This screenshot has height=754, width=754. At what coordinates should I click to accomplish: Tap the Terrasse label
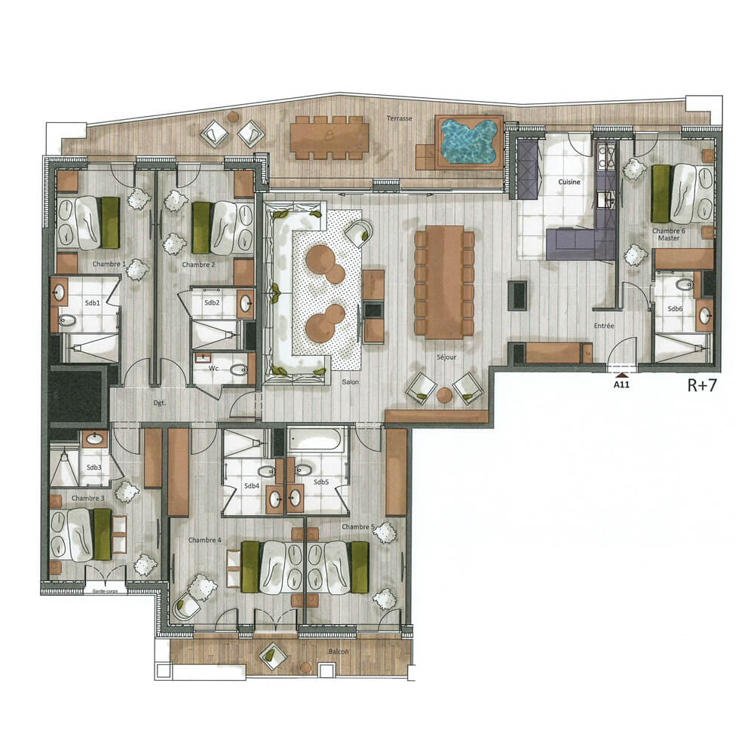(x=399, y=118)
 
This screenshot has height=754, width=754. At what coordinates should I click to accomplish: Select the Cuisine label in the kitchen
(x=569, y=182)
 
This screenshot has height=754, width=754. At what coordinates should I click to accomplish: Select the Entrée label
(x=604, y=326)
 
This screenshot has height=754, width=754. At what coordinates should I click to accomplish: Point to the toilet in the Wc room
(x=239, y=370)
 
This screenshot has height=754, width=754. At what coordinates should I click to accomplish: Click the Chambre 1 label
(x=108, y=265)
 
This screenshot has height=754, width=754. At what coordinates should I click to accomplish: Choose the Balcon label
(x=339, y=651)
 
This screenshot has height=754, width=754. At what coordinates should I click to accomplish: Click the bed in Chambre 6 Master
(x=684, y=194)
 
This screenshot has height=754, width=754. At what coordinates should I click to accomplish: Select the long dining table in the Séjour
(x=444, y=283)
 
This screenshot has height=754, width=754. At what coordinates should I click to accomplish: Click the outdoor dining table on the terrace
(x=329, y=136)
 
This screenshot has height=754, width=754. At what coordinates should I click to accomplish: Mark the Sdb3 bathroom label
(x=93, y=467)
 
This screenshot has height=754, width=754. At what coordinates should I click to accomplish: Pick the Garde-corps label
(x=106, y=592)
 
